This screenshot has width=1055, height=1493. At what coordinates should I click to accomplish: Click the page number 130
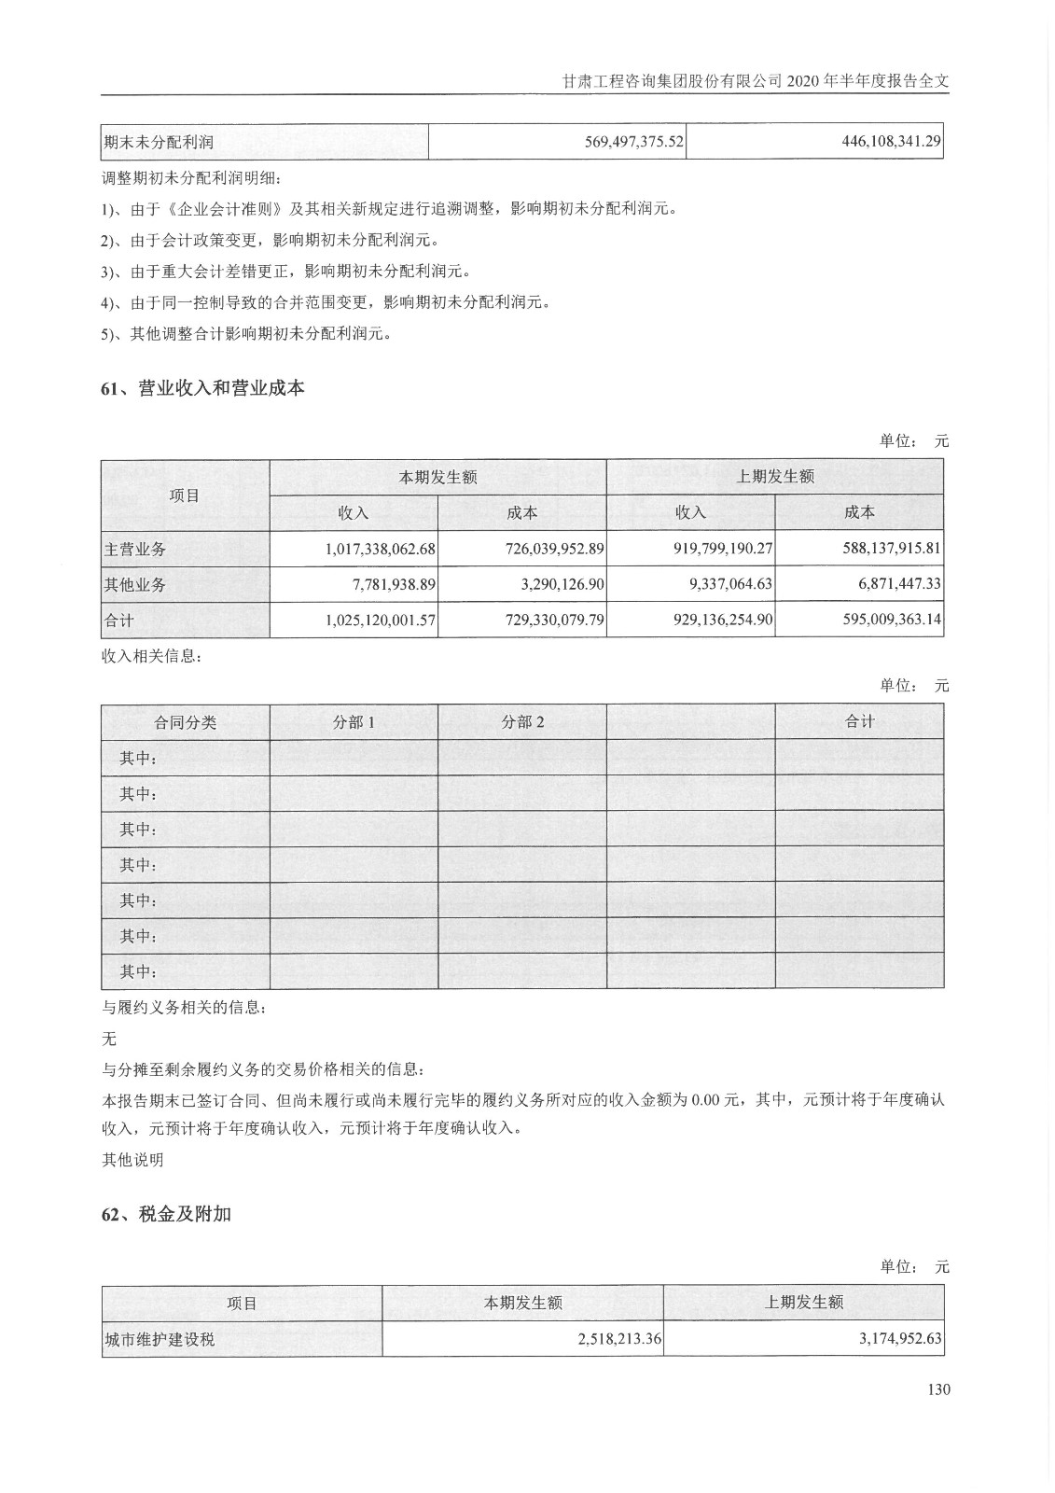click(x=938, y=1389)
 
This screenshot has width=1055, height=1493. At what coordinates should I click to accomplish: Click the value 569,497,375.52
click(x=621, y=142)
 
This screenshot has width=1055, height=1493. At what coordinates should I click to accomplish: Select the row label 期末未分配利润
click(x=159, y=143)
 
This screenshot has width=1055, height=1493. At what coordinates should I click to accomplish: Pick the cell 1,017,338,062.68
click(x=381, y=549)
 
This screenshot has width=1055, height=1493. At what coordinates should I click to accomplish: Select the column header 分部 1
click(x=354, y=722)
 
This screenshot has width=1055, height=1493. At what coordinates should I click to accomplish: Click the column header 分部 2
click(x=522, y=722)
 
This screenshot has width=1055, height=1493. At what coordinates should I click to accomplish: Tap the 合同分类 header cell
click(x=186, y=722)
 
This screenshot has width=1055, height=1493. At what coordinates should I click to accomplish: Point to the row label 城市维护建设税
click(x=160, y=1339)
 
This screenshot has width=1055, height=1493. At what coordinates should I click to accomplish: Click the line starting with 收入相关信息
click(x=150, y=656)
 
